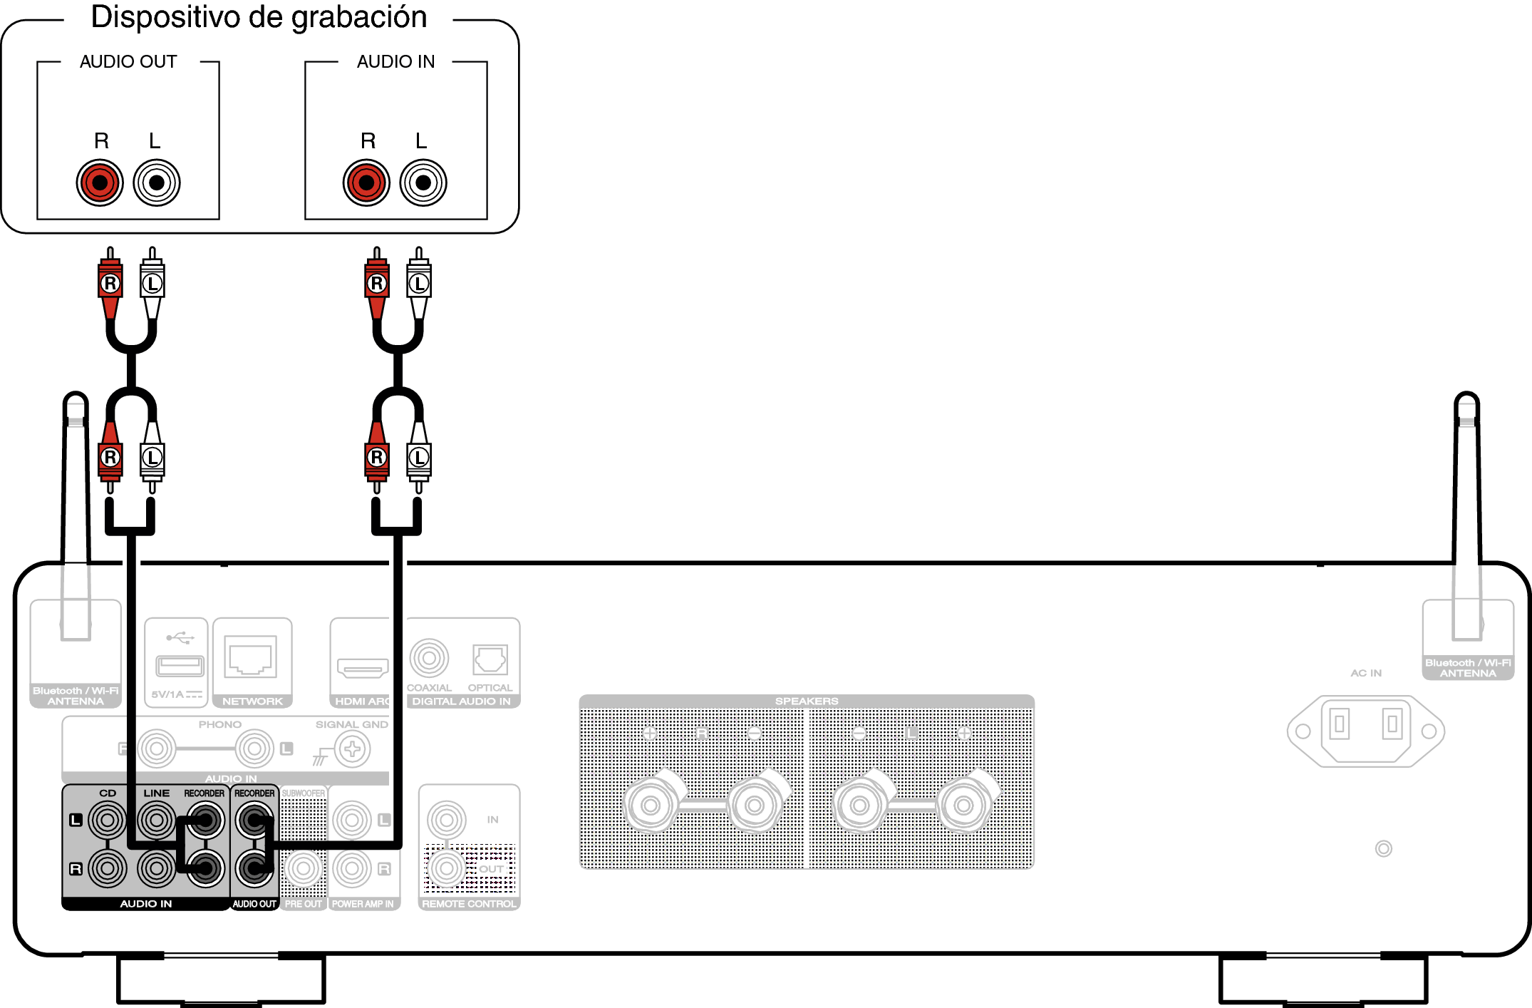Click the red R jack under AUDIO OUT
[x=100, y=182]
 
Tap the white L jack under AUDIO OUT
[x=157, y=182]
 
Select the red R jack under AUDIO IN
[x=366, y=182]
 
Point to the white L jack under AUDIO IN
[x=423, y=182]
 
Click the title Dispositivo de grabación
[x=259, y=17]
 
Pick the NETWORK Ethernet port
[x=251, y=656]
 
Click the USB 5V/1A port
[x=180, y=666]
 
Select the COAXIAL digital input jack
[x=429, y=658]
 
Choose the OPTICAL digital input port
[x=490, y=659]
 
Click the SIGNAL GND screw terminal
[x=352, y=749]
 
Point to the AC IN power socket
[x=1365, y=731]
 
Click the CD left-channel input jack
[x=108, y=820]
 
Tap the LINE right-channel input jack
[x=156, y=868]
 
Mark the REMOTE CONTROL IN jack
[x=447, y=820]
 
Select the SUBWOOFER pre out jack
[x=304, y=868]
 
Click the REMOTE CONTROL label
[x=469, y=904]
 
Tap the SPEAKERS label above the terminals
[x=807, y=701]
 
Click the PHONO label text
[x=219, y=724]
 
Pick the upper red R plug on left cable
[x=110, y=284]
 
